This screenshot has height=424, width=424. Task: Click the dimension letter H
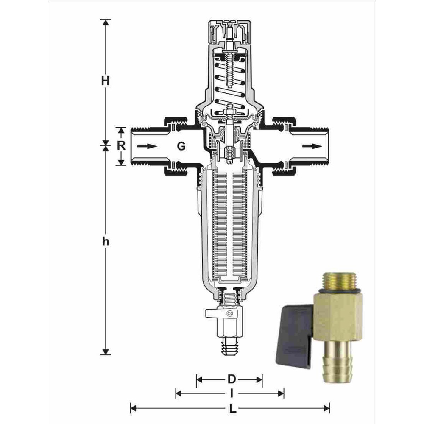coord(106,81)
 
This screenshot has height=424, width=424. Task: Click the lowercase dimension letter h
coord(106,241)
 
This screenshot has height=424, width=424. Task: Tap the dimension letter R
coord(121,146)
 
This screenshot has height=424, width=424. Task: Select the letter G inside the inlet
coord(181,146)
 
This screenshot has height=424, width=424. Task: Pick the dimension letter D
coord(232,379)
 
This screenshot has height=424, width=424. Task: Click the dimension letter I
coord(232,394)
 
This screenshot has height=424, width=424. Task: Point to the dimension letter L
coord(232,409)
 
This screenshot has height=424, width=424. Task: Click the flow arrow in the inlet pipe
coord(147,146)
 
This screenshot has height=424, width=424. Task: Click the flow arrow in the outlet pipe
coord(312,146)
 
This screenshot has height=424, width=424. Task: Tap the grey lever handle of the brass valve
coord(295,335)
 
